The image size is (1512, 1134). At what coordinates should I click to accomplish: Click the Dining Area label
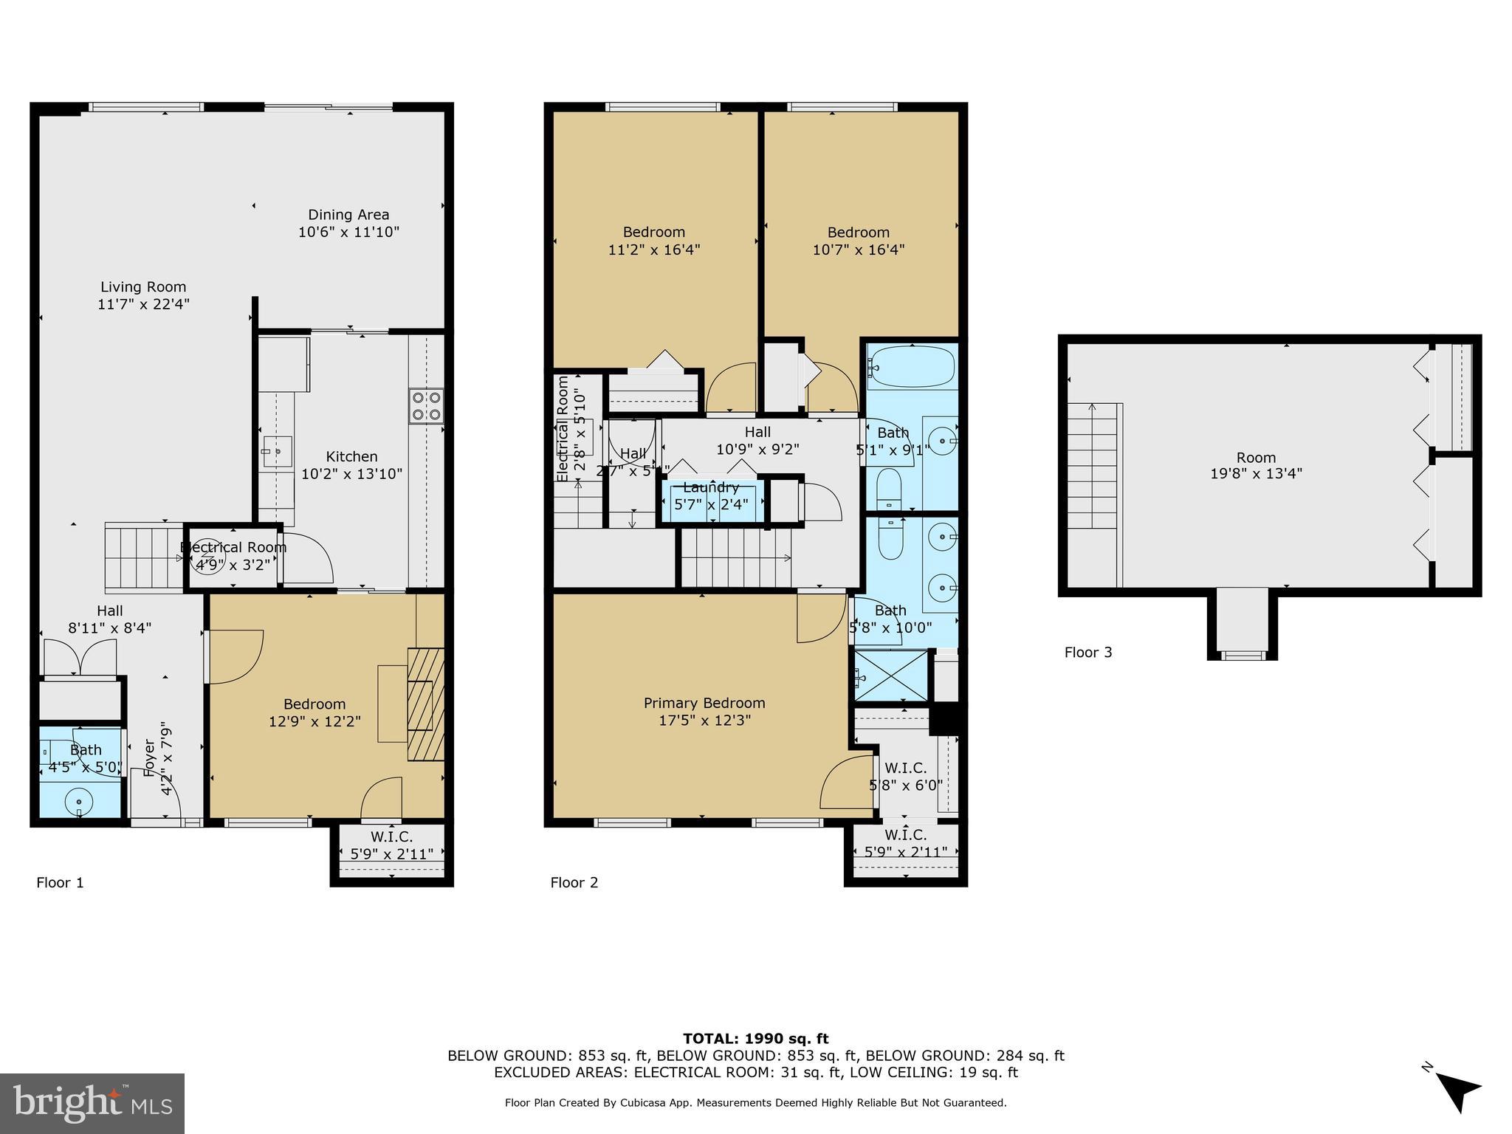pos(348,215)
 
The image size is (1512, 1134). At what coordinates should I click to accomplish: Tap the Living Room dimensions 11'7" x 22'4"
pos(143,304)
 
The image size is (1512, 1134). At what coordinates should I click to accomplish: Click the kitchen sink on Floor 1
pos(278,450)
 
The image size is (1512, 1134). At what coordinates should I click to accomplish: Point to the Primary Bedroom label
pos(704,703)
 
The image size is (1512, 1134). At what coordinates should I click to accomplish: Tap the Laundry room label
pos(710,488)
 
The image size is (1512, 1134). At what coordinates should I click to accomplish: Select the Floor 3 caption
pos(1087,652)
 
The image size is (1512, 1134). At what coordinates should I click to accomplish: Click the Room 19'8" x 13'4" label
pos(1256,466)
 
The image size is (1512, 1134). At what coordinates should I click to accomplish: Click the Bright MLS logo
pos(92,1103)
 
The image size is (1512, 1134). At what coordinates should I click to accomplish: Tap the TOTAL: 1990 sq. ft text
pos(755,1039)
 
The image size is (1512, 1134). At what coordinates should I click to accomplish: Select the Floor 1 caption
pos(60,882)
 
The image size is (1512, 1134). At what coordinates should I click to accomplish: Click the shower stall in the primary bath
pos(891,675)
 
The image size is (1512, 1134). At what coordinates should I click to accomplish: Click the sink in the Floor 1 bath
pos(79,800)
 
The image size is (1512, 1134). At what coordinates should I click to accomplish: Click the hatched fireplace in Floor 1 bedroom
pos(426,704)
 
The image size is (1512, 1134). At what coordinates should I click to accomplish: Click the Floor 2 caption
pos(574,882)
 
